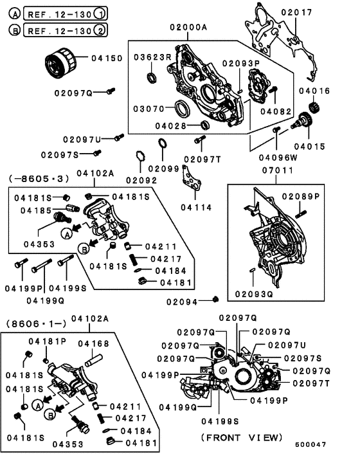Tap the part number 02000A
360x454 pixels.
[x=189, y=28]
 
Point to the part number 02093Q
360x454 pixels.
[x=253, y=294]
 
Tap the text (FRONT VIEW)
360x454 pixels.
[x=241, y=437]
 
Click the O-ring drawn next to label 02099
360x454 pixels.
[x=163, y=144]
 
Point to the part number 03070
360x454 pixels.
[x=150, y=109]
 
